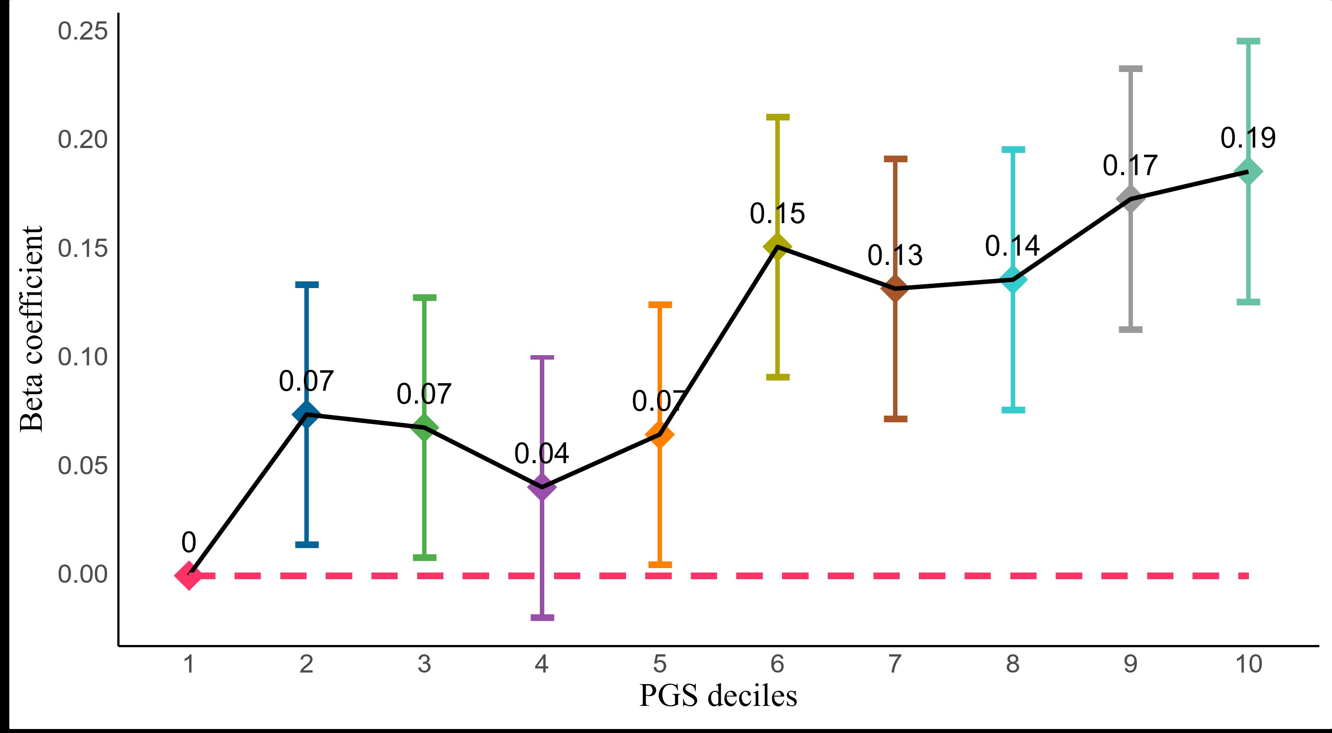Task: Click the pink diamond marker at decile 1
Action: click(189, 575)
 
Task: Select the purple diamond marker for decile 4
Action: click(542, 487)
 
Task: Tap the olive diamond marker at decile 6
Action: click(777, 246)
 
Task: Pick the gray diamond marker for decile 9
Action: click(1130, 199)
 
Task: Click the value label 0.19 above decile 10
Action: click(1248, 138)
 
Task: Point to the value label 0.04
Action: click(542, 454)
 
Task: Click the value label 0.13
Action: click(894, 256)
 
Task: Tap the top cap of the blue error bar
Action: click(307, 284)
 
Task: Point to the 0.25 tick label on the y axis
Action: click(83, 31)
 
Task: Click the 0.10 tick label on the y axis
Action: click(83, 357)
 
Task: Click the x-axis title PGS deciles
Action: click(718, 696)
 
